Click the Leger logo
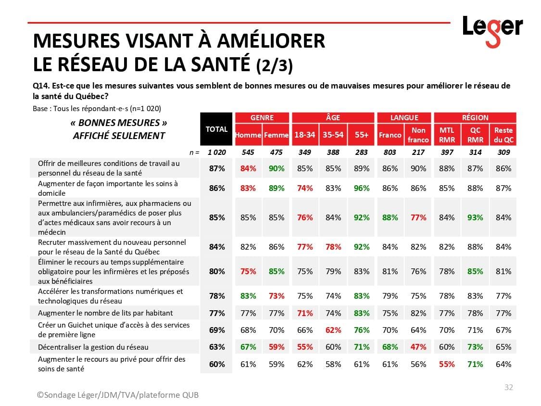[492, 30]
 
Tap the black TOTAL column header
[216, 129]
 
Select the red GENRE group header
[262, 117]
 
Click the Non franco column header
[418, 135]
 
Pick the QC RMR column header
[475, 135]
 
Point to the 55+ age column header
[361, 135]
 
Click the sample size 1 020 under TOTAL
[216, 152]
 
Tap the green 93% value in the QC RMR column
[475, 217]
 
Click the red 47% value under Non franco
[418, 347]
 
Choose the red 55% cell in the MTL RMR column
[447, 364]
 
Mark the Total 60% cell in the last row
[217, 364]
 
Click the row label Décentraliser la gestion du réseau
[93, 347]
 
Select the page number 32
[508, 387]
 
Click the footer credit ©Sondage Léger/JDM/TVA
[118, 395]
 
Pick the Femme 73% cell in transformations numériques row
[276, 296]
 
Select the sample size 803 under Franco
[390, 152]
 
